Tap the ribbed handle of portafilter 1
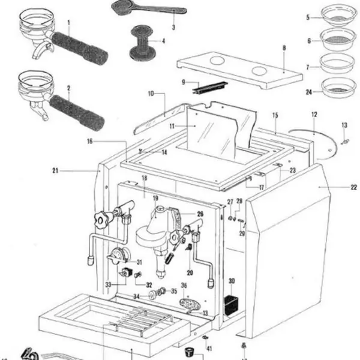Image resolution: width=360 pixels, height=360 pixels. pos(78,48)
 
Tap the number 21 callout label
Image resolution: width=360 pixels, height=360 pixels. pos(55,171)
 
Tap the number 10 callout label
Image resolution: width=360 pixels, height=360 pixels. pos(151,94)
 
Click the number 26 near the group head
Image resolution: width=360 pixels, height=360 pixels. pos(200,213)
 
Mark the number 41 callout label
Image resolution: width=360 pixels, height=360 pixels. pos(209,349)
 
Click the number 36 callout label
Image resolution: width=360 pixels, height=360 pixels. pos(184,286)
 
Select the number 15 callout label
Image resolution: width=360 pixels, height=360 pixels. pos(275,115)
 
